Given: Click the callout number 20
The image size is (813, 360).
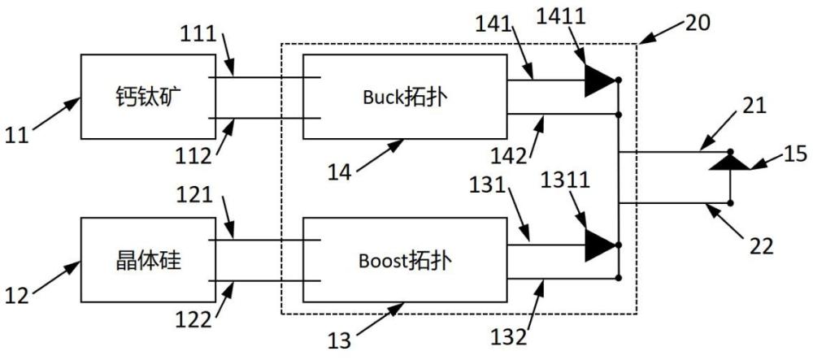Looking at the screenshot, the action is (698, 22).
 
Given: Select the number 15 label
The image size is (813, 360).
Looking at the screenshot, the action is (794, 154).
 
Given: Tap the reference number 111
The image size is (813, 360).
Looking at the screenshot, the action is (197, 34).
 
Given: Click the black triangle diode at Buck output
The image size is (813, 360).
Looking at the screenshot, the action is (601, 80).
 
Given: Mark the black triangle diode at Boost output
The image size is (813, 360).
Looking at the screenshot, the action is (601, 245).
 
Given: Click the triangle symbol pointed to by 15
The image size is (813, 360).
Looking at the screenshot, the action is (730, 163).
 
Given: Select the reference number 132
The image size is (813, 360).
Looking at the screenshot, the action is (510, 336).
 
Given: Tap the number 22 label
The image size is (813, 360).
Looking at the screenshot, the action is (761, 244).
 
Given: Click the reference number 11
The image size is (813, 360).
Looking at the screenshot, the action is (17, 136).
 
